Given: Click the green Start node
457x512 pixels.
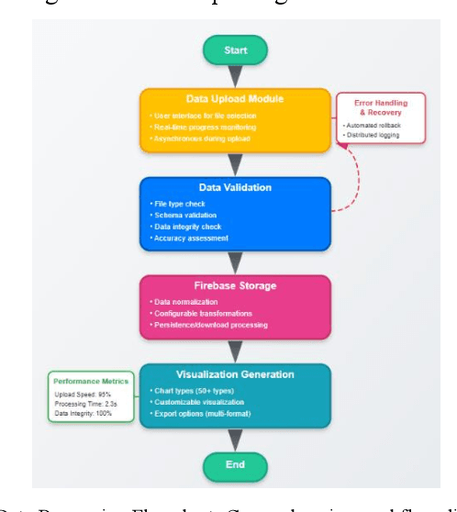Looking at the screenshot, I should [236, 50].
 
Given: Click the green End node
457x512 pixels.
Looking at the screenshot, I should [236, 464].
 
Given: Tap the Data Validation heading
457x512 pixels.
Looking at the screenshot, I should [235, 187].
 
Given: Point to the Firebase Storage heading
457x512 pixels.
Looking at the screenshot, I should [235, 285].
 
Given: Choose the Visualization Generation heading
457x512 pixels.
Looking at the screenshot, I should [235, 374].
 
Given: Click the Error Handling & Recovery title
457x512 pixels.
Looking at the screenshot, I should [381, 108].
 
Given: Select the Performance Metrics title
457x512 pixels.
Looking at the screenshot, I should [92, 380].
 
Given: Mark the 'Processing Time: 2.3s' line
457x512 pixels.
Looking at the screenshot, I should [88, 404].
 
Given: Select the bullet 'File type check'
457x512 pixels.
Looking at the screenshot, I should [179, 203].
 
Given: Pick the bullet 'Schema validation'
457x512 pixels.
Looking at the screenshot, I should [184, 215].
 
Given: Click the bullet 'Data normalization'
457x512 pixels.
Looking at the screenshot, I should [186, 301].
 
